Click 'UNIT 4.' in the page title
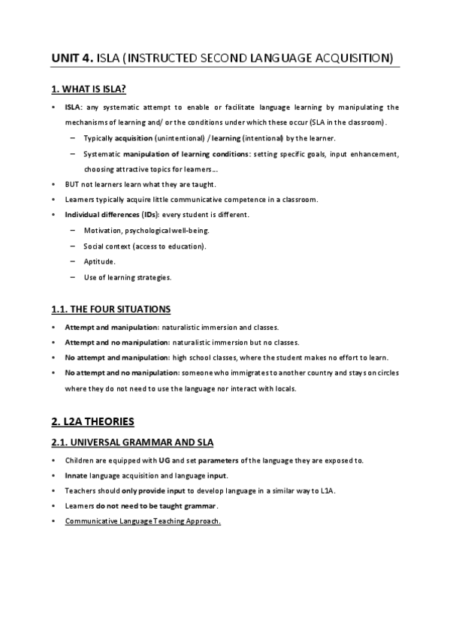73,57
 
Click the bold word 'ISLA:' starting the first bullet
74,107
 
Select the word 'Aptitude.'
100,261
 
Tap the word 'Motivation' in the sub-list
101,230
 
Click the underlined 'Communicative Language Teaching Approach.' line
143,521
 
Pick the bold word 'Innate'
76,475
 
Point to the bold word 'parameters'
219,460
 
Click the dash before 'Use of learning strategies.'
72,277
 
